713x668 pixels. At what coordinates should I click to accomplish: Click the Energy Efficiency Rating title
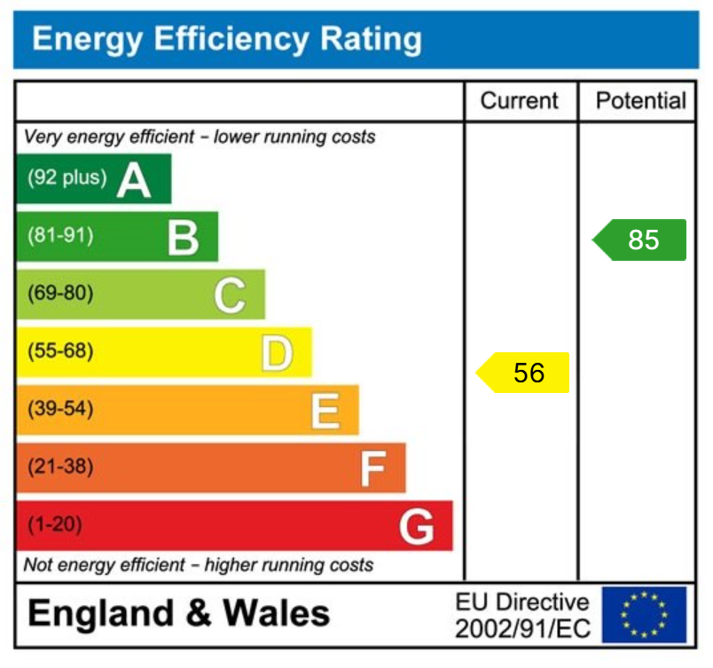point(226,39)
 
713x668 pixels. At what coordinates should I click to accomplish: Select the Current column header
point(520,101)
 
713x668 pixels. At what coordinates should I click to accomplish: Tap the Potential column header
point(641,101)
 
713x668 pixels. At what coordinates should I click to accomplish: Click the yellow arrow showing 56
point(524,373)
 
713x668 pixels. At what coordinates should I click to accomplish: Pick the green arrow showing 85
point(640,240)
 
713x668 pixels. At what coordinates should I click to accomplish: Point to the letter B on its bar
point(183,238)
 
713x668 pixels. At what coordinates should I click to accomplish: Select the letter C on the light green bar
point(229,295)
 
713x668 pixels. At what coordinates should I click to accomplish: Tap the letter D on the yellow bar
point(276,353)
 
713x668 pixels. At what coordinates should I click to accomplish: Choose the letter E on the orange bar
point(325,412)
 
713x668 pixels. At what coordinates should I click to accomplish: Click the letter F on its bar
point(372,469)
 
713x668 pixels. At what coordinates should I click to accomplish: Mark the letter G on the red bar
point(416,527)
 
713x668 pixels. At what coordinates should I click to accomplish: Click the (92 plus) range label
point(67,178)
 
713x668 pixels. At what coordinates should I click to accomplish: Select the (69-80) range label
point(60,294)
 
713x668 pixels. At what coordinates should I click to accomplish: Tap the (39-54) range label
point(60,410)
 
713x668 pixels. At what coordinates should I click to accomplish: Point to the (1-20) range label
point(55,525)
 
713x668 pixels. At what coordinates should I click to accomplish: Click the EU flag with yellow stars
point(644,615)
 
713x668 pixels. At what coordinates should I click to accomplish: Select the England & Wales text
point(179,614)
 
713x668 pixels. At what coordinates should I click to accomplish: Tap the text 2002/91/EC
point(521,629)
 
